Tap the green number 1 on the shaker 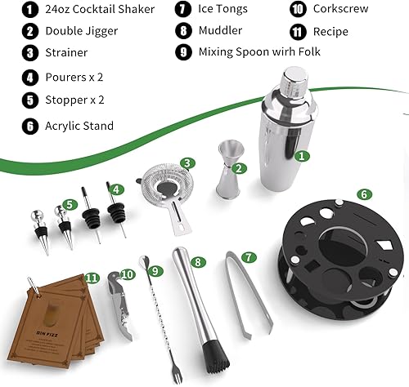[x=302, y=154]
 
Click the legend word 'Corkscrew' [x=340, y=10]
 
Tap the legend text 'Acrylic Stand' [x=80, y=126]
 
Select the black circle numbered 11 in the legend [x=298, y=32]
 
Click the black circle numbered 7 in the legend [x=182, y=10]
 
